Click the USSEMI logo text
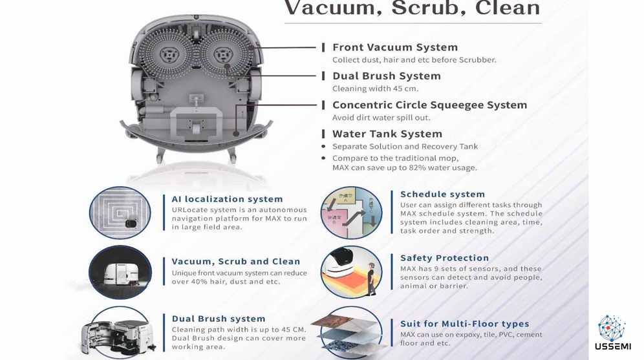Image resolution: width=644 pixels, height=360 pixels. [x=613, y=346]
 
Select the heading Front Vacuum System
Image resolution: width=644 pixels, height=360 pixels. [x=394, y=47]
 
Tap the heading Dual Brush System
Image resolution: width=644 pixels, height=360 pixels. [x=387, y=76]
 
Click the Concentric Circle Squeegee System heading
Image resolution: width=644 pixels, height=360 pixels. [x=429, y=105]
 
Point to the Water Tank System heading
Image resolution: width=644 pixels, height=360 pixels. [x=387, y=134]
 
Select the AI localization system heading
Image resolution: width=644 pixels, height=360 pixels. [x=227, y=199]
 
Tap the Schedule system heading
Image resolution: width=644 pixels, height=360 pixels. [x=442, y=194]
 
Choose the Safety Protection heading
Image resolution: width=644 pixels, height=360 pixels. [x=444, y=258]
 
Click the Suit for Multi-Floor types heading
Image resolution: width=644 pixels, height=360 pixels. [x=464, y=324]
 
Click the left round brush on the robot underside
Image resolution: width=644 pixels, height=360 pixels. [x=167, y=54]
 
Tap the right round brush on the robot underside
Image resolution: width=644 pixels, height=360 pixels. [x=222, y=54]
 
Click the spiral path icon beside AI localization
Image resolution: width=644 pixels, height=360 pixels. [x=120, y=213]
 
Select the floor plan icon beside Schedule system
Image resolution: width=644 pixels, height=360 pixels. [x=351, y=213]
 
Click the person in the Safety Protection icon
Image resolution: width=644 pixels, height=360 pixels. [x=372, y=279]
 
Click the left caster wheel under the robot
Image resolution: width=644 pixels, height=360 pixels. [x=160, y=155]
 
